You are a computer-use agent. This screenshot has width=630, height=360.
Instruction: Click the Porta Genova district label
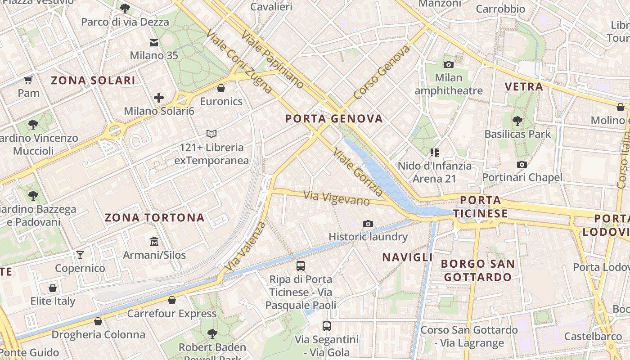tap(334, 119)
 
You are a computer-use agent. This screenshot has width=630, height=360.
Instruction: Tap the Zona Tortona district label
tap(154, 218)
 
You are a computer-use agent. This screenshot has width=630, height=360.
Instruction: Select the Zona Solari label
tap(93, 81)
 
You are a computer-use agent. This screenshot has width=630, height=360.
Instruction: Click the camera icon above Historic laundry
tap(368, 224)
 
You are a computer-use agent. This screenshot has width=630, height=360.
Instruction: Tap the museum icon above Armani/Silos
tap(154, 242)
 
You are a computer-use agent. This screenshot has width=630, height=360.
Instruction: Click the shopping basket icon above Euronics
tap(221, 88)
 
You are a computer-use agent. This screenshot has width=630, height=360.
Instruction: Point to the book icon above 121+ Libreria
tap(211, 134)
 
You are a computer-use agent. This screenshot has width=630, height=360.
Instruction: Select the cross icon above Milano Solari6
tap(159, 97)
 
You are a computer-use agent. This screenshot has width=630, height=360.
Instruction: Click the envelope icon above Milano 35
tap(154, 42)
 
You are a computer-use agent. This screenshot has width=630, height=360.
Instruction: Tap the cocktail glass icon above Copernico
tap(80, 255)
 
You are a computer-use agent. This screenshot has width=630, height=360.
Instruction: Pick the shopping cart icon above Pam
tap(28, 80)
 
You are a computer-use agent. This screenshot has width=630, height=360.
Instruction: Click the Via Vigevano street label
tap(337, 198)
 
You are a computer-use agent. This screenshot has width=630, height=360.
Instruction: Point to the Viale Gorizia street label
tap(358, 172)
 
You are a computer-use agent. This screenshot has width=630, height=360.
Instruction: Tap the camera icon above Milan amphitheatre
tap(448, 64)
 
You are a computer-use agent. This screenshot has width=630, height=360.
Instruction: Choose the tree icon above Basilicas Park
tap(517, 121)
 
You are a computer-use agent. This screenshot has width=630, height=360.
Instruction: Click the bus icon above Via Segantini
tap(327, 326)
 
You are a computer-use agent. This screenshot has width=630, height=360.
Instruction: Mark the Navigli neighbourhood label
tap(407, 257)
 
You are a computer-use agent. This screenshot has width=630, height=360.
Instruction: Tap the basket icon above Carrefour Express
tap(171, 300)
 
